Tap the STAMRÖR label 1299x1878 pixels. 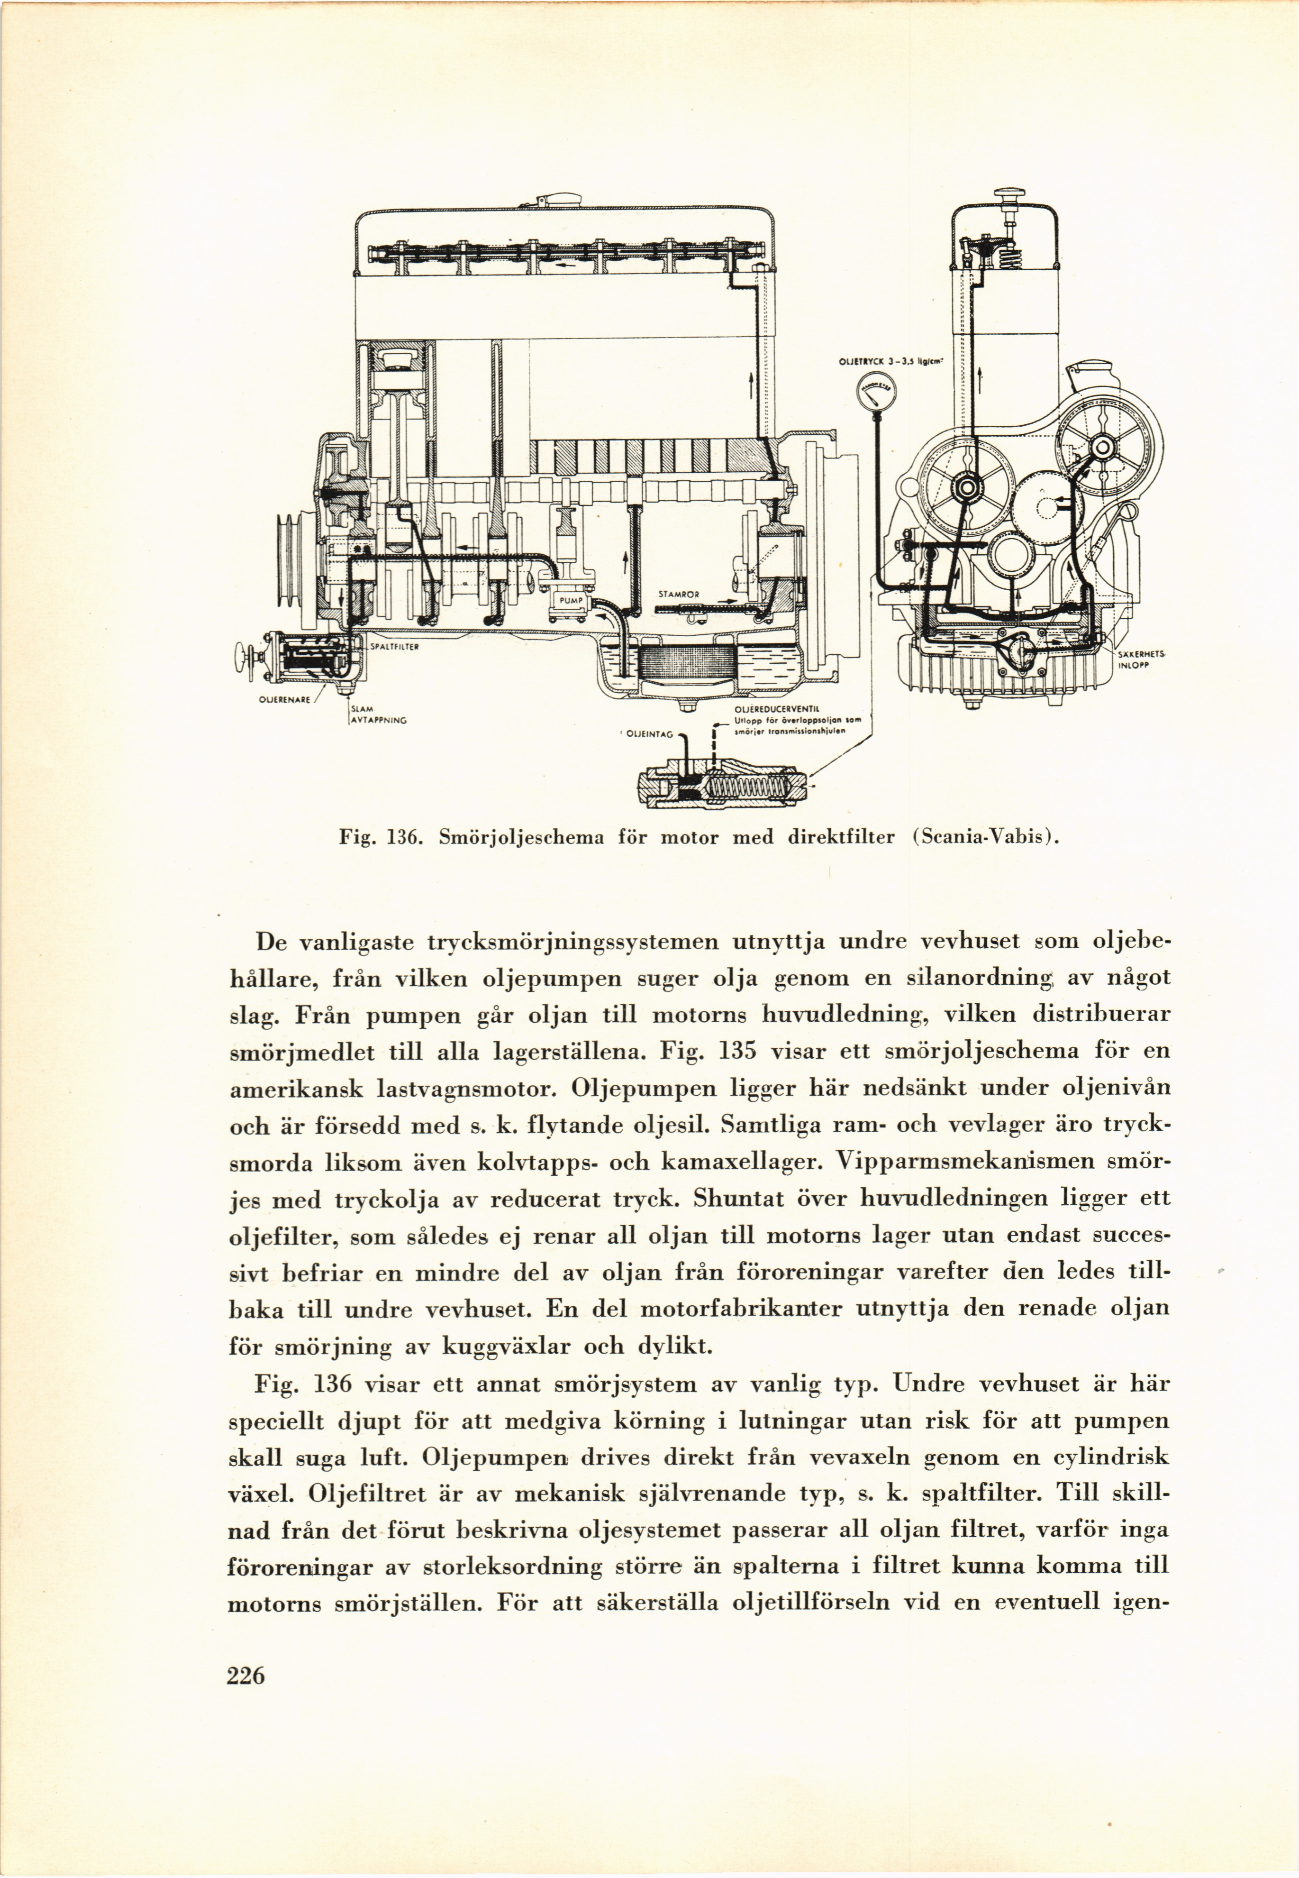pyautogui.click(x=679, y=594)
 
